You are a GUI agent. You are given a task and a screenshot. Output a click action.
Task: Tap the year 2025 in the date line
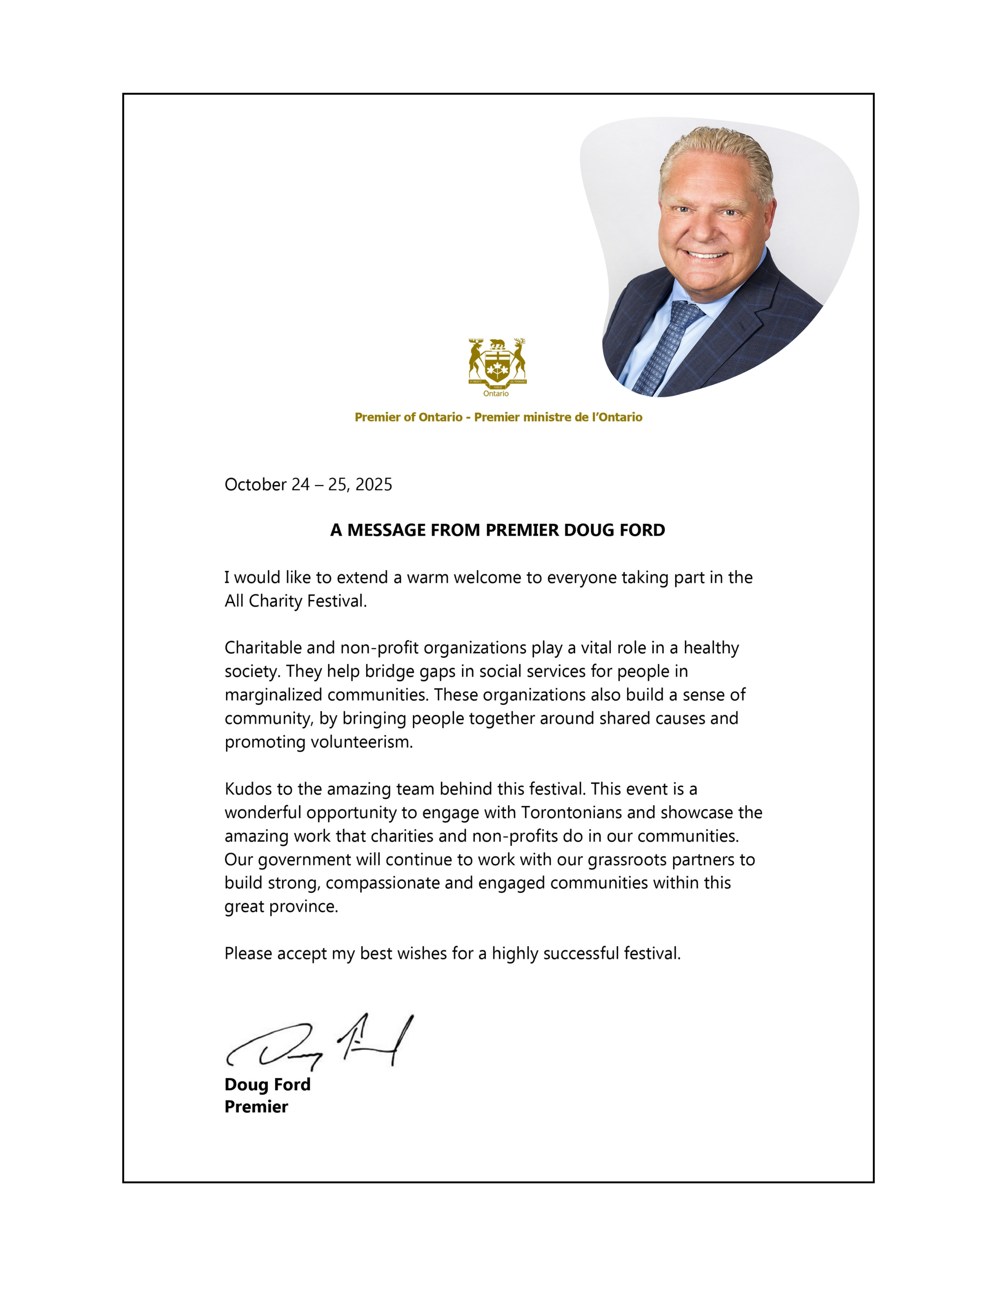[374, 484]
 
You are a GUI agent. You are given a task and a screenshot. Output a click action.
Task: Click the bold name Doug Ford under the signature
[267, 1084]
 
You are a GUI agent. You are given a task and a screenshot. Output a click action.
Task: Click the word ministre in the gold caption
[545, 417]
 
